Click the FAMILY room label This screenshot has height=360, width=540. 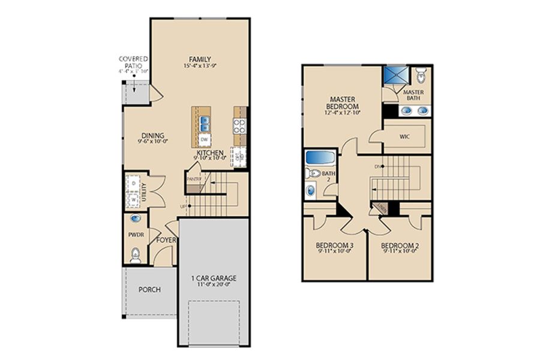[200, 59]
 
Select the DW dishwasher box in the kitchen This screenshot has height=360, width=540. [205, 140]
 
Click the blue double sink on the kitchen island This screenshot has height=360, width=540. [205, 123]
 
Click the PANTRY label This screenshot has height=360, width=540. [193, 179]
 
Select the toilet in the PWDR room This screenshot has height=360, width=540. [136, 256]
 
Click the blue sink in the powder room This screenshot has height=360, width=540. [136, 220]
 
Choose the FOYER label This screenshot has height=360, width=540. [166, 240]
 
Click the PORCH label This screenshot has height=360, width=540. [149, 289]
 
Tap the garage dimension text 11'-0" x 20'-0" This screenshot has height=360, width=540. [214, 286]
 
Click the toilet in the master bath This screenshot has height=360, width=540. [421, 76]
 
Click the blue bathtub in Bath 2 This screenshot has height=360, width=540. [319, 158]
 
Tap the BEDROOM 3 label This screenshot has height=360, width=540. [334, 245]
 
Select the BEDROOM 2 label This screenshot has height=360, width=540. [399, 245]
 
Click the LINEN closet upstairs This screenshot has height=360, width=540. [380, 208]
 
